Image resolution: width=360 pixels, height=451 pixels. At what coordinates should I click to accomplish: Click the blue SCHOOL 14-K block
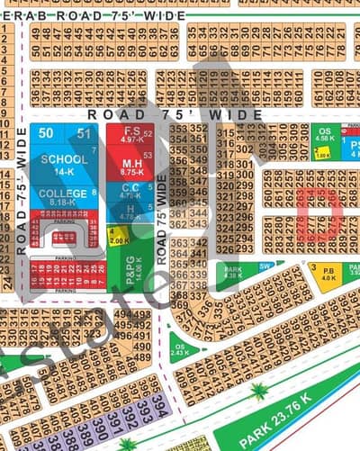[x=64, y=165]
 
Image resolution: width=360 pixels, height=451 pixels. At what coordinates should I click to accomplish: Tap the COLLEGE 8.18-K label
[x=64, y=198]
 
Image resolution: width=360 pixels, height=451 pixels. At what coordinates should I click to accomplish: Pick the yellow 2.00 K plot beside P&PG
[x=119, y=237]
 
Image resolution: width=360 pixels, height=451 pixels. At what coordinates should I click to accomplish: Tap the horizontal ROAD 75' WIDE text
[x=175, y=114]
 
